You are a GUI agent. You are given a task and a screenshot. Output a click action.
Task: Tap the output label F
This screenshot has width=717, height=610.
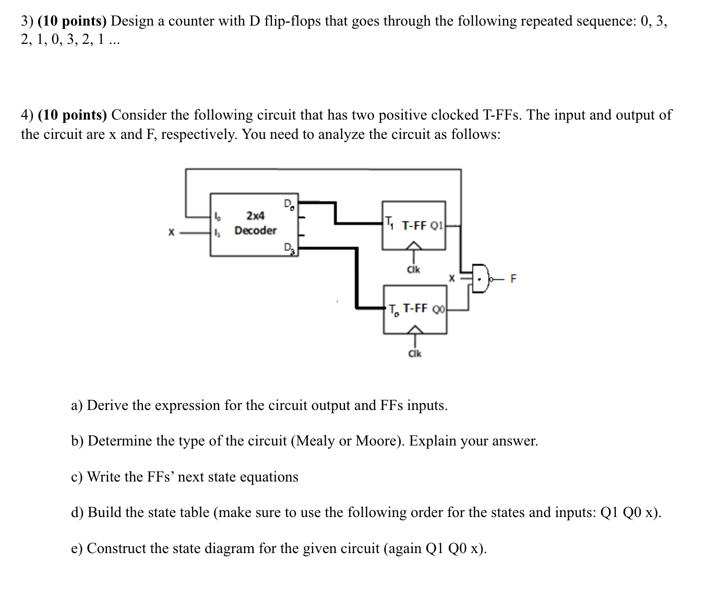513,279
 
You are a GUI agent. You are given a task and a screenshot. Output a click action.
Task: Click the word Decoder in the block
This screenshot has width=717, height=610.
255,230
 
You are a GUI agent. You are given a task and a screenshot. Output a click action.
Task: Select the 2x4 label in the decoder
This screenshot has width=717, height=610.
255,215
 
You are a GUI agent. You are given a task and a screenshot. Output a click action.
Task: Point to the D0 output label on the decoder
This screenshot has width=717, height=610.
289,204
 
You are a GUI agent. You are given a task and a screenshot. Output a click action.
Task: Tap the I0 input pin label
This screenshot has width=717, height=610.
219,216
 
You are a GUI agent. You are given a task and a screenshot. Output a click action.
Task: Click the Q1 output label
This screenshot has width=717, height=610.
437,226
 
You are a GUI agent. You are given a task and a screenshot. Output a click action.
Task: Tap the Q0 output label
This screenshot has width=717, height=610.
439,309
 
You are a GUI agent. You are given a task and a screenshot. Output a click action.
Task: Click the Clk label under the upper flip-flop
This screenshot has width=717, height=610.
413,270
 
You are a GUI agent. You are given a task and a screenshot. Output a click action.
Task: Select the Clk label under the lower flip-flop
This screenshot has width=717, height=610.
415,354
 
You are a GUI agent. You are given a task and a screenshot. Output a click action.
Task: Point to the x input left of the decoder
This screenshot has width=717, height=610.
171,234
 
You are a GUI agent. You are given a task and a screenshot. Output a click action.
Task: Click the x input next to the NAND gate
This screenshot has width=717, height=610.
454,279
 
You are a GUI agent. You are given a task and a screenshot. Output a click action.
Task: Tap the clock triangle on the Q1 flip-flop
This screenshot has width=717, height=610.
414,245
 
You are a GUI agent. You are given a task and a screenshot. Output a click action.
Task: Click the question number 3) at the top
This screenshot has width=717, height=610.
27,21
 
